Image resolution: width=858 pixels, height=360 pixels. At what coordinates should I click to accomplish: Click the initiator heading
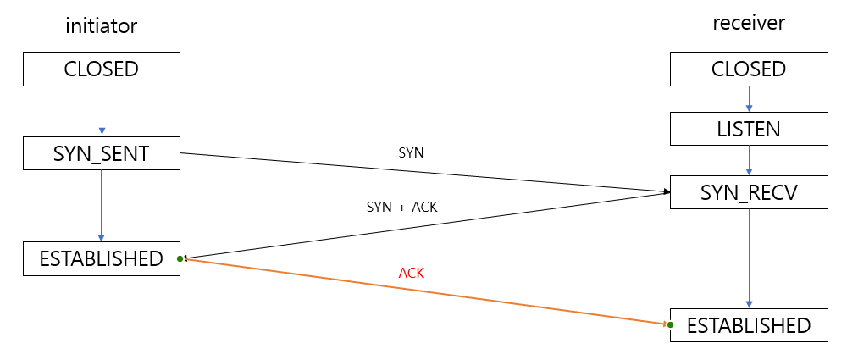click(x=102, y=26)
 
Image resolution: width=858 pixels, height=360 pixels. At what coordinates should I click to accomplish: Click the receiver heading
click(x=749, y=23)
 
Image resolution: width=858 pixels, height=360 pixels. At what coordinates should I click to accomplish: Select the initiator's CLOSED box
click(x=102, y=69)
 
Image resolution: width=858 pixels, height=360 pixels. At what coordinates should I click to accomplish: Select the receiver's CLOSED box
click(x=749, y=69)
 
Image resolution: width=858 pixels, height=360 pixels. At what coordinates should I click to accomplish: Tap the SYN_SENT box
click(x=102, y=155)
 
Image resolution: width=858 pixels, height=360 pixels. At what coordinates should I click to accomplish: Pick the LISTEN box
click(x=749, y=130)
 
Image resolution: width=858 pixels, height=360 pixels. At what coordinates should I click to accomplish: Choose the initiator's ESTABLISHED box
click(x=102, y=258)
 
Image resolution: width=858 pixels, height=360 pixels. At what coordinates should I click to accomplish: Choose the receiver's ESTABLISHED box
click(x=749, y=325)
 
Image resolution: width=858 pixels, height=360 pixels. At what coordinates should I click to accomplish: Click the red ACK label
click(x=411, y=274)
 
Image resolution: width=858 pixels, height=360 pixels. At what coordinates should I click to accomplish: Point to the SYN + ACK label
click(x=401, y=206)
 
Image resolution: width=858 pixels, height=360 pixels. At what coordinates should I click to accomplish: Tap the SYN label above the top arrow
click(x=411, y=153)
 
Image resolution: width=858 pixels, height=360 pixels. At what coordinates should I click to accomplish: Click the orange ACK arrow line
click(x=423, y=291)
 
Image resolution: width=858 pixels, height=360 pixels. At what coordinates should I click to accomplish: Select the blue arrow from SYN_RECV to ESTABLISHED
click(x=749, y=258)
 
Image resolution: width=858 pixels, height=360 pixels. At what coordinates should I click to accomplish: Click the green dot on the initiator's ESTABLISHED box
click(x=181, y=258)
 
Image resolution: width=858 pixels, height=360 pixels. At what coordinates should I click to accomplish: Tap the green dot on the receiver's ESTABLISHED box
click(x=670, y=324)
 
